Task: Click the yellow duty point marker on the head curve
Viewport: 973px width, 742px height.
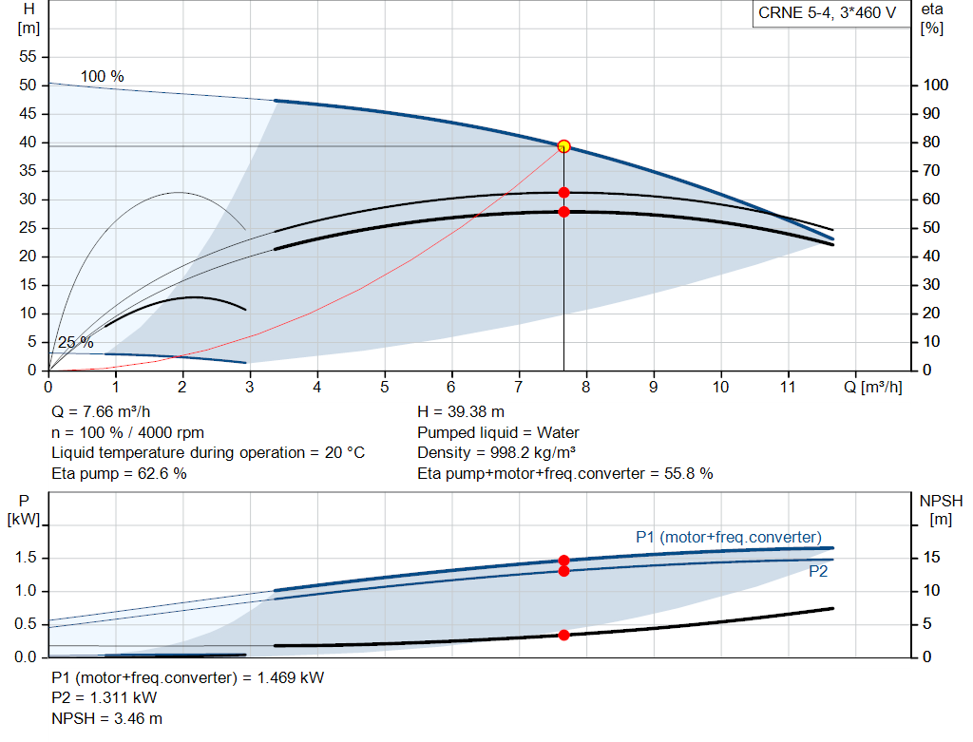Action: (x=563, y=146)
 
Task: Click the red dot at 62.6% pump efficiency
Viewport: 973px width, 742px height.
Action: (x=563, y=193)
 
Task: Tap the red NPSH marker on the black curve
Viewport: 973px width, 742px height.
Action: (x=563, y=635)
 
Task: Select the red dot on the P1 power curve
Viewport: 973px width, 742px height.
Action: (x=563, y=561)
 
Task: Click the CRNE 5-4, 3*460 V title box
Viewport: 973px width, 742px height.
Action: (x=827, y=14)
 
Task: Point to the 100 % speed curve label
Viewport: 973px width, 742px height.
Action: (x=102, y=76)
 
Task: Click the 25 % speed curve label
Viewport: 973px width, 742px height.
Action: (x=75, y=342)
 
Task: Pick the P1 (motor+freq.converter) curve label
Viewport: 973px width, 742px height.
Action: (x=728, y=538)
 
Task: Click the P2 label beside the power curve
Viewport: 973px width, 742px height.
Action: (x=818, y=571)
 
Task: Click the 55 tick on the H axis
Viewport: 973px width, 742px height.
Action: (x=28, y=57)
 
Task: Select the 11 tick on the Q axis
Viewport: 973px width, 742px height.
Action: (x=788, y=388)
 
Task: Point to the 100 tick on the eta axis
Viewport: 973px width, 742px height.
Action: (x=936, y=86)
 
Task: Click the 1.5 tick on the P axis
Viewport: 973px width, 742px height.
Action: (x=25, y=558)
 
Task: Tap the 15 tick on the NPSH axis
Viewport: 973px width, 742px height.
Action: (x=931, y=558)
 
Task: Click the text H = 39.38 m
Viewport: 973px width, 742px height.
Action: (x=462, y=412)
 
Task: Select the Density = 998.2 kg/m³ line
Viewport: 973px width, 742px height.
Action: (x=499, y=452)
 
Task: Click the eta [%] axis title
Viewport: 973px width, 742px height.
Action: (x=932, y=17)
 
